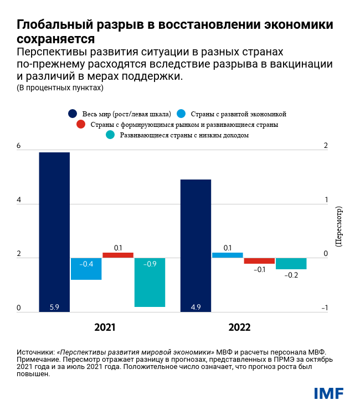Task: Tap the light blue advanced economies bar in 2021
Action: (x=86, y=269)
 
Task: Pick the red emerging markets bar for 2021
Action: (x=118, y=255)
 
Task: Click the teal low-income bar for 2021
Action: (x=150, y=282)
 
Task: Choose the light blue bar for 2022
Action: (x=228, y=255)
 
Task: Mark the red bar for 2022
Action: (x=259, y=260)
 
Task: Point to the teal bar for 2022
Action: (x=291, y=263)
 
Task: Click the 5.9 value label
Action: (x=54, y=306)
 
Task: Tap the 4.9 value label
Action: (x=196, y=306)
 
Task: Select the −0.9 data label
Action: (x=150, y=264)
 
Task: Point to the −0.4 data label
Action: (x=86, y=264)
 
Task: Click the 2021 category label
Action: (x=105, y=327)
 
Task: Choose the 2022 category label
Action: (x=240, y=327)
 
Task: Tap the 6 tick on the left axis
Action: (x=19, y=146)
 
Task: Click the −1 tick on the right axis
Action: (x=325, y=309)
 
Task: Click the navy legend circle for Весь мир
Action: (x=73, y=114)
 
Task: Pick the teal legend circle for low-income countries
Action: (x=110, y=135)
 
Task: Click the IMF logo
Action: (x=329, y=393)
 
